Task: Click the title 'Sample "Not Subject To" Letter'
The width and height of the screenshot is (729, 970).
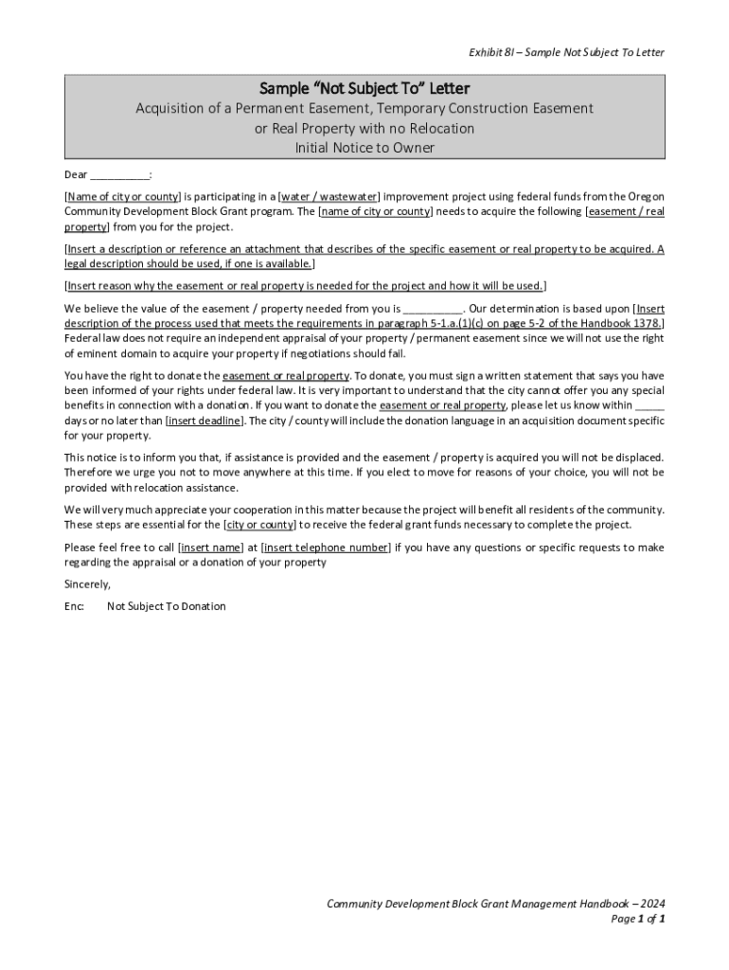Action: click(364, 89)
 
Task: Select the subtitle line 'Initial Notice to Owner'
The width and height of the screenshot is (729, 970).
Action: click(364, 148)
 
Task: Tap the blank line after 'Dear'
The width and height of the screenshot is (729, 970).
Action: click(120, 175)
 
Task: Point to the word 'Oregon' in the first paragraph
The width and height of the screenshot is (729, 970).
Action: click(646, 197)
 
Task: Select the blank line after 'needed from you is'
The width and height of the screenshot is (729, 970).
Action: click(433, 309)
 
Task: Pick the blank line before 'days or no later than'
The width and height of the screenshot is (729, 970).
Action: click(649, 405)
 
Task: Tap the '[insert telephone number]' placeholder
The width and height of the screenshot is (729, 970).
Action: click(326, 548)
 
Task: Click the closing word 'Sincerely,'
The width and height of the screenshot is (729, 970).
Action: click(87, 584)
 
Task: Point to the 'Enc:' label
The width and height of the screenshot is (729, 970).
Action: click(74, 606)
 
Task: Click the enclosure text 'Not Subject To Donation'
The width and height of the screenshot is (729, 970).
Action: click(167, 606)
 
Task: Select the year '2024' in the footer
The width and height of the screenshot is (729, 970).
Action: click(649, 904)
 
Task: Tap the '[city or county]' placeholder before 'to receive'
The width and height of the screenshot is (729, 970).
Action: click(259, 525)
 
